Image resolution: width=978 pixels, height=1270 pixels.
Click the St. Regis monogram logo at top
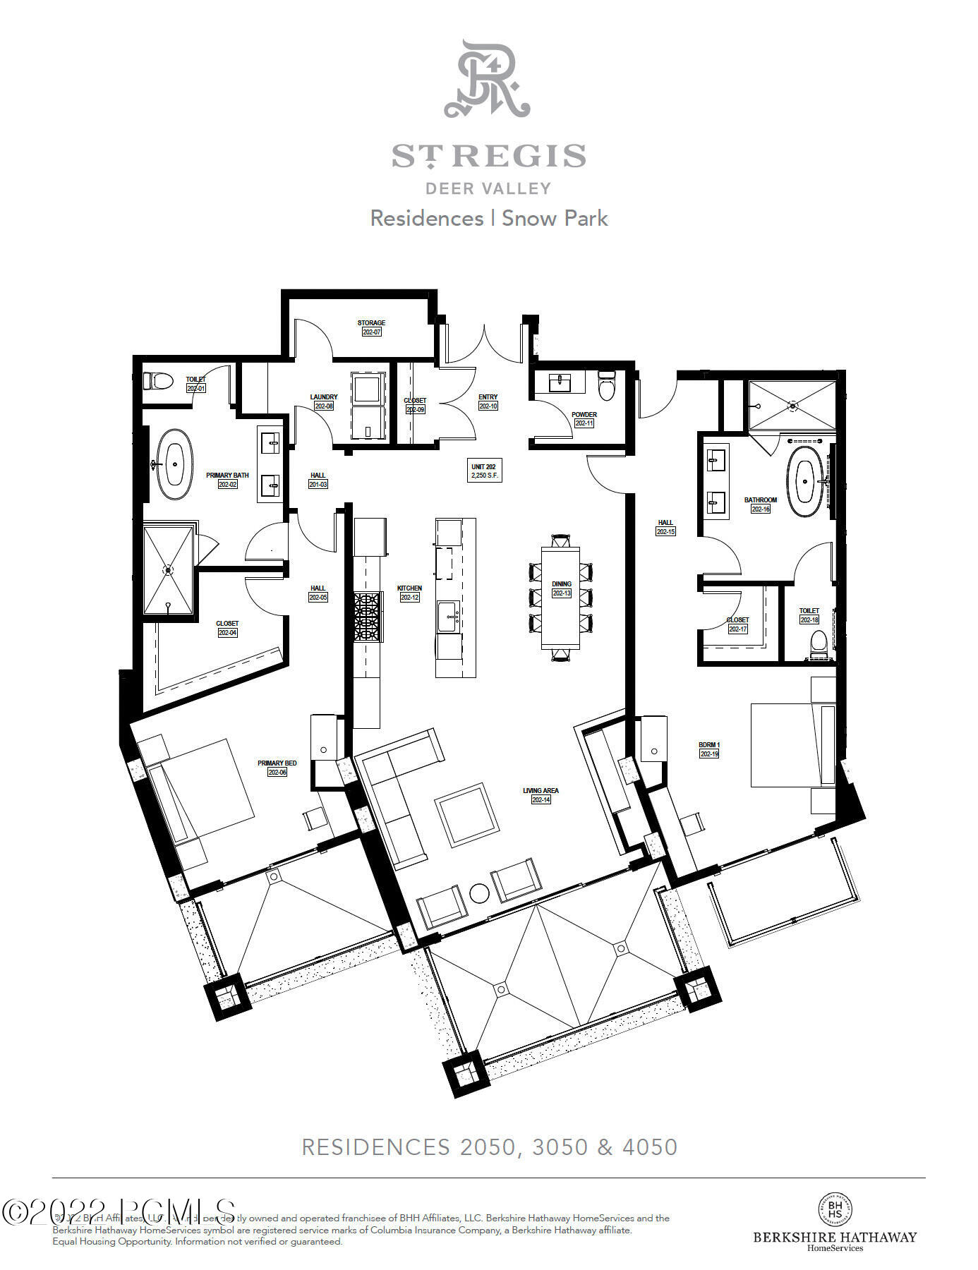point(487,79)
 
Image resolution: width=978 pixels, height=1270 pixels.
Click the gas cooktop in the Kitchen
point(367,616)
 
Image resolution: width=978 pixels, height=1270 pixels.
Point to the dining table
point(562,598)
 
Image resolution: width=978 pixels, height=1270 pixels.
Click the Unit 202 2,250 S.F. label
point(483,471)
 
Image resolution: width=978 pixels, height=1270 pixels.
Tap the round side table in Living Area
point(479,893)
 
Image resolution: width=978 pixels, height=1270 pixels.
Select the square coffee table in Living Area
point(466,815)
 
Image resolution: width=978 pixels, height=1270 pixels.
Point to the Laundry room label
point(324,401)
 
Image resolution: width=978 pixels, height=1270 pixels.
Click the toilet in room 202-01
point(158,382)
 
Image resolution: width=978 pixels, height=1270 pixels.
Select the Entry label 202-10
point(488,401)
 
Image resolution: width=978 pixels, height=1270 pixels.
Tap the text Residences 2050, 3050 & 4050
point(489,1147)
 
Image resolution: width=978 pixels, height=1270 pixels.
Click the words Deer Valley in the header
point(488,188)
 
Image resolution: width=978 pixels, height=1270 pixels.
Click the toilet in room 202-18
point(818,643)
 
